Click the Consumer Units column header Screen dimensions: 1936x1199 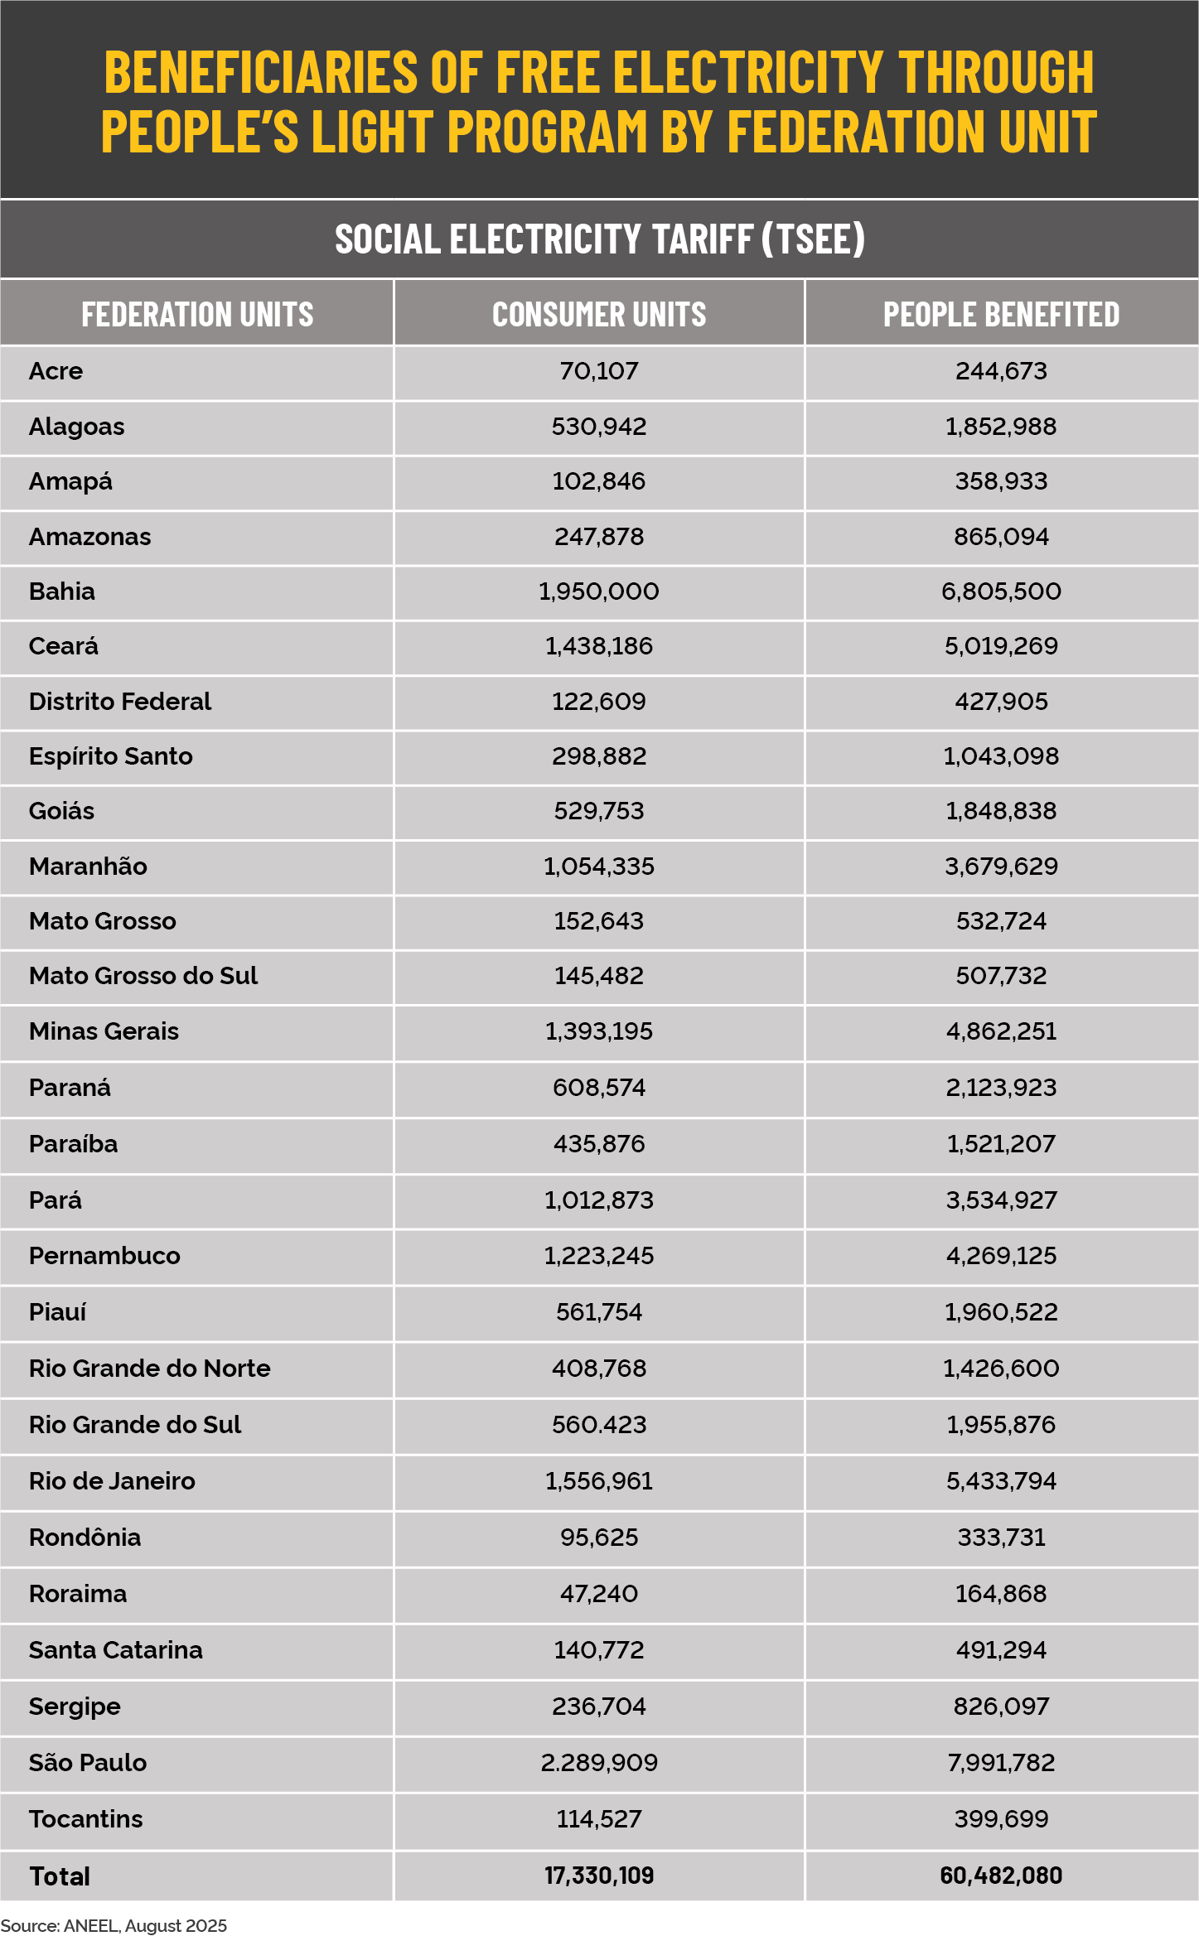coord(599,314)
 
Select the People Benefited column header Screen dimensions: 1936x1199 coord(1001,314)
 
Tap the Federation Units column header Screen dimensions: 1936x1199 coord(197,314)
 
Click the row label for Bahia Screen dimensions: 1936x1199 coord(62,591)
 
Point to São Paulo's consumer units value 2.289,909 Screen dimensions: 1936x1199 coord(599,1762)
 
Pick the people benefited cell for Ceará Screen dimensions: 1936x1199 coord(1001,646)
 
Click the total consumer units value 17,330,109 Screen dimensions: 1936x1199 coord(599,1876)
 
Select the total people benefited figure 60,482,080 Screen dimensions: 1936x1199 coord(1001,1876)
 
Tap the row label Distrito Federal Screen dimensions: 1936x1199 coord(120,702)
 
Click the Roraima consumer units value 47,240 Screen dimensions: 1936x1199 coord(599,1593)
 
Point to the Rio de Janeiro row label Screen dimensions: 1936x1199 coord(112,1480)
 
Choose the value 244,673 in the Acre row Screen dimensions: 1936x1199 coord(1001,370)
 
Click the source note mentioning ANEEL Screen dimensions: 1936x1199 coord(114,1925)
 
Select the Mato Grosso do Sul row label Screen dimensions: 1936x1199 coord(143,976)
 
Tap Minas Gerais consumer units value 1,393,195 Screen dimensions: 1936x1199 coord(599,1031)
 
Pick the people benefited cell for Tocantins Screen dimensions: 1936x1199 coord(1001,1818)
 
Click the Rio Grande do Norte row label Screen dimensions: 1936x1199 coord(150,1368)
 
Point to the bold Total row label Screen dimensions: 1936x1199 coord(60,1876)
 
